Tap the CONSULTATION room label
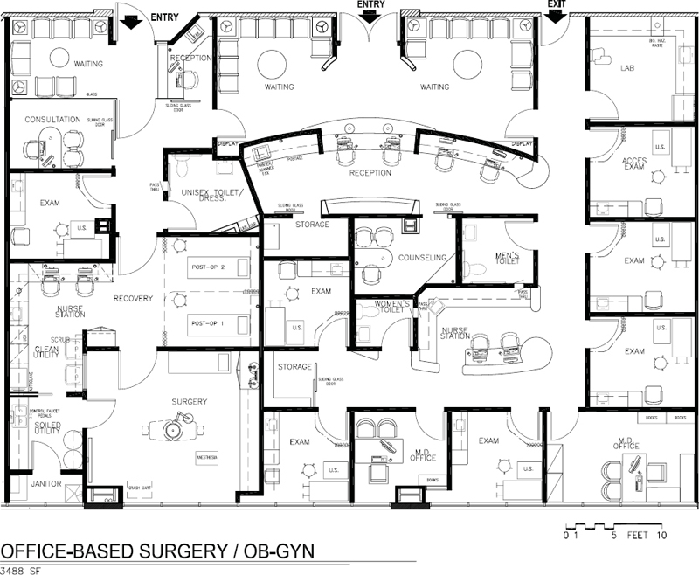(52, 120)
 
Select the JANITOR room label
(45, 482)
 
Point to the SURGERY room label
(190, 401)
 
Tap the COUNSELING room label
(423, 258)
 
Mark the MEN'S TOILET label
(508, 260)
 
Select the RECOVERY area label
(132, 299)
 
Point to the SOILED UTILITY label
(46, 429)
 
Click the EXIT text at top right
(556, 4)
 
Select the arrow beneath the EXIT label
(554, 19)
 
